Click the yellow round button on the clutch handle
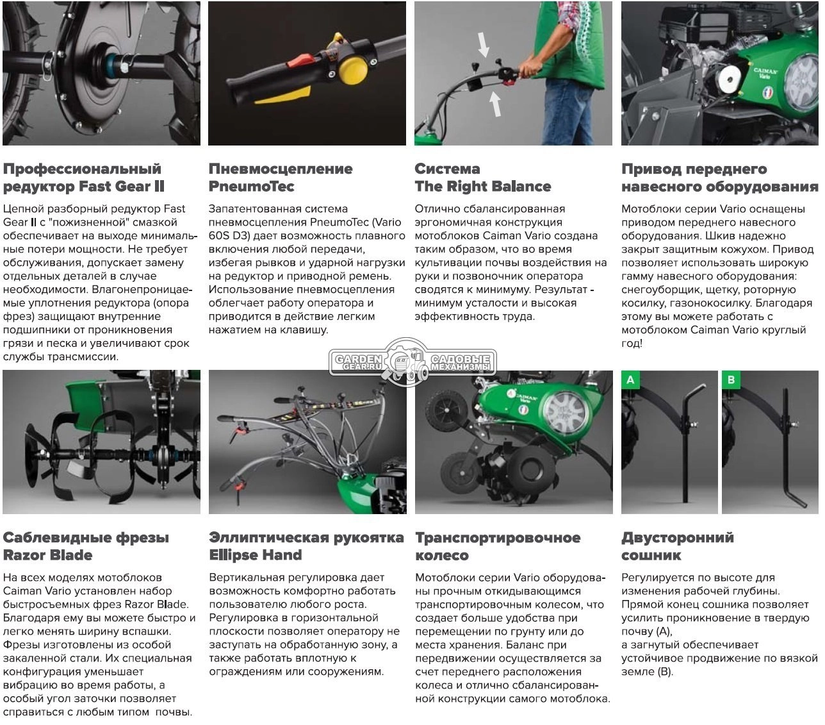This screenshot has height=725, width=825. tap(353, 70)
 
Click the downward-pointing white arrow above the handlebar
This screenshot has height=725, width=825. tap(483, 44)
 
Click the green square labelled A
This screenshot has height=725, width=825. tap(630, 379)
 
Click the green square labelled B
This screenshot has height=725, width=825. tap(731, 379)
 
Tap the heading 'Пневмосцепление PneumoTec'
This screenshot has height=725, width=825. tap(281, 178)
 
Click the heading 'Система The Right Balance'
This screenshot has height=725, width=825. tap(482, 178)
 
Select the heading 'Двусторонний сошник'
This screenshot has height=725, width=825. tap(677, 546)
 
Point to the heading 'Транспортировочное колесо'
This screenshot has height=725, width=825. tap(498, 546)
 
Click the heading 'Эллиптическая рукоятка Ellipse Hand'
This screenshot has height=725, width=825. tap(306, 546)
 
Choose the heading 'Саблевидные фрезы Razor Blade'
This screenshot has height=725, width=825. tap(86, 546)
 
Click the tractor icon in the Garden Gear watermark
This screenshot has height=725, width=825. tap(406, 362)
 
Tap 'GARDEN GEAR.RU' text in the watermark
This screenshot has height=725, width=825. tap(357, 362)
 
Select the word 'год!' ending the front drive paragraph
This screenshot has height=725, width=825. tap(632, 343)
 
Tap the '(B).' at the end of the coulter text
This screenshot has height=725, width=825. tap(666, 671)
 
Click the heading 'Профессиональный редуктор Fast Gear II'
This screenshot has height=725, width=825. tap(84, 178)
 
